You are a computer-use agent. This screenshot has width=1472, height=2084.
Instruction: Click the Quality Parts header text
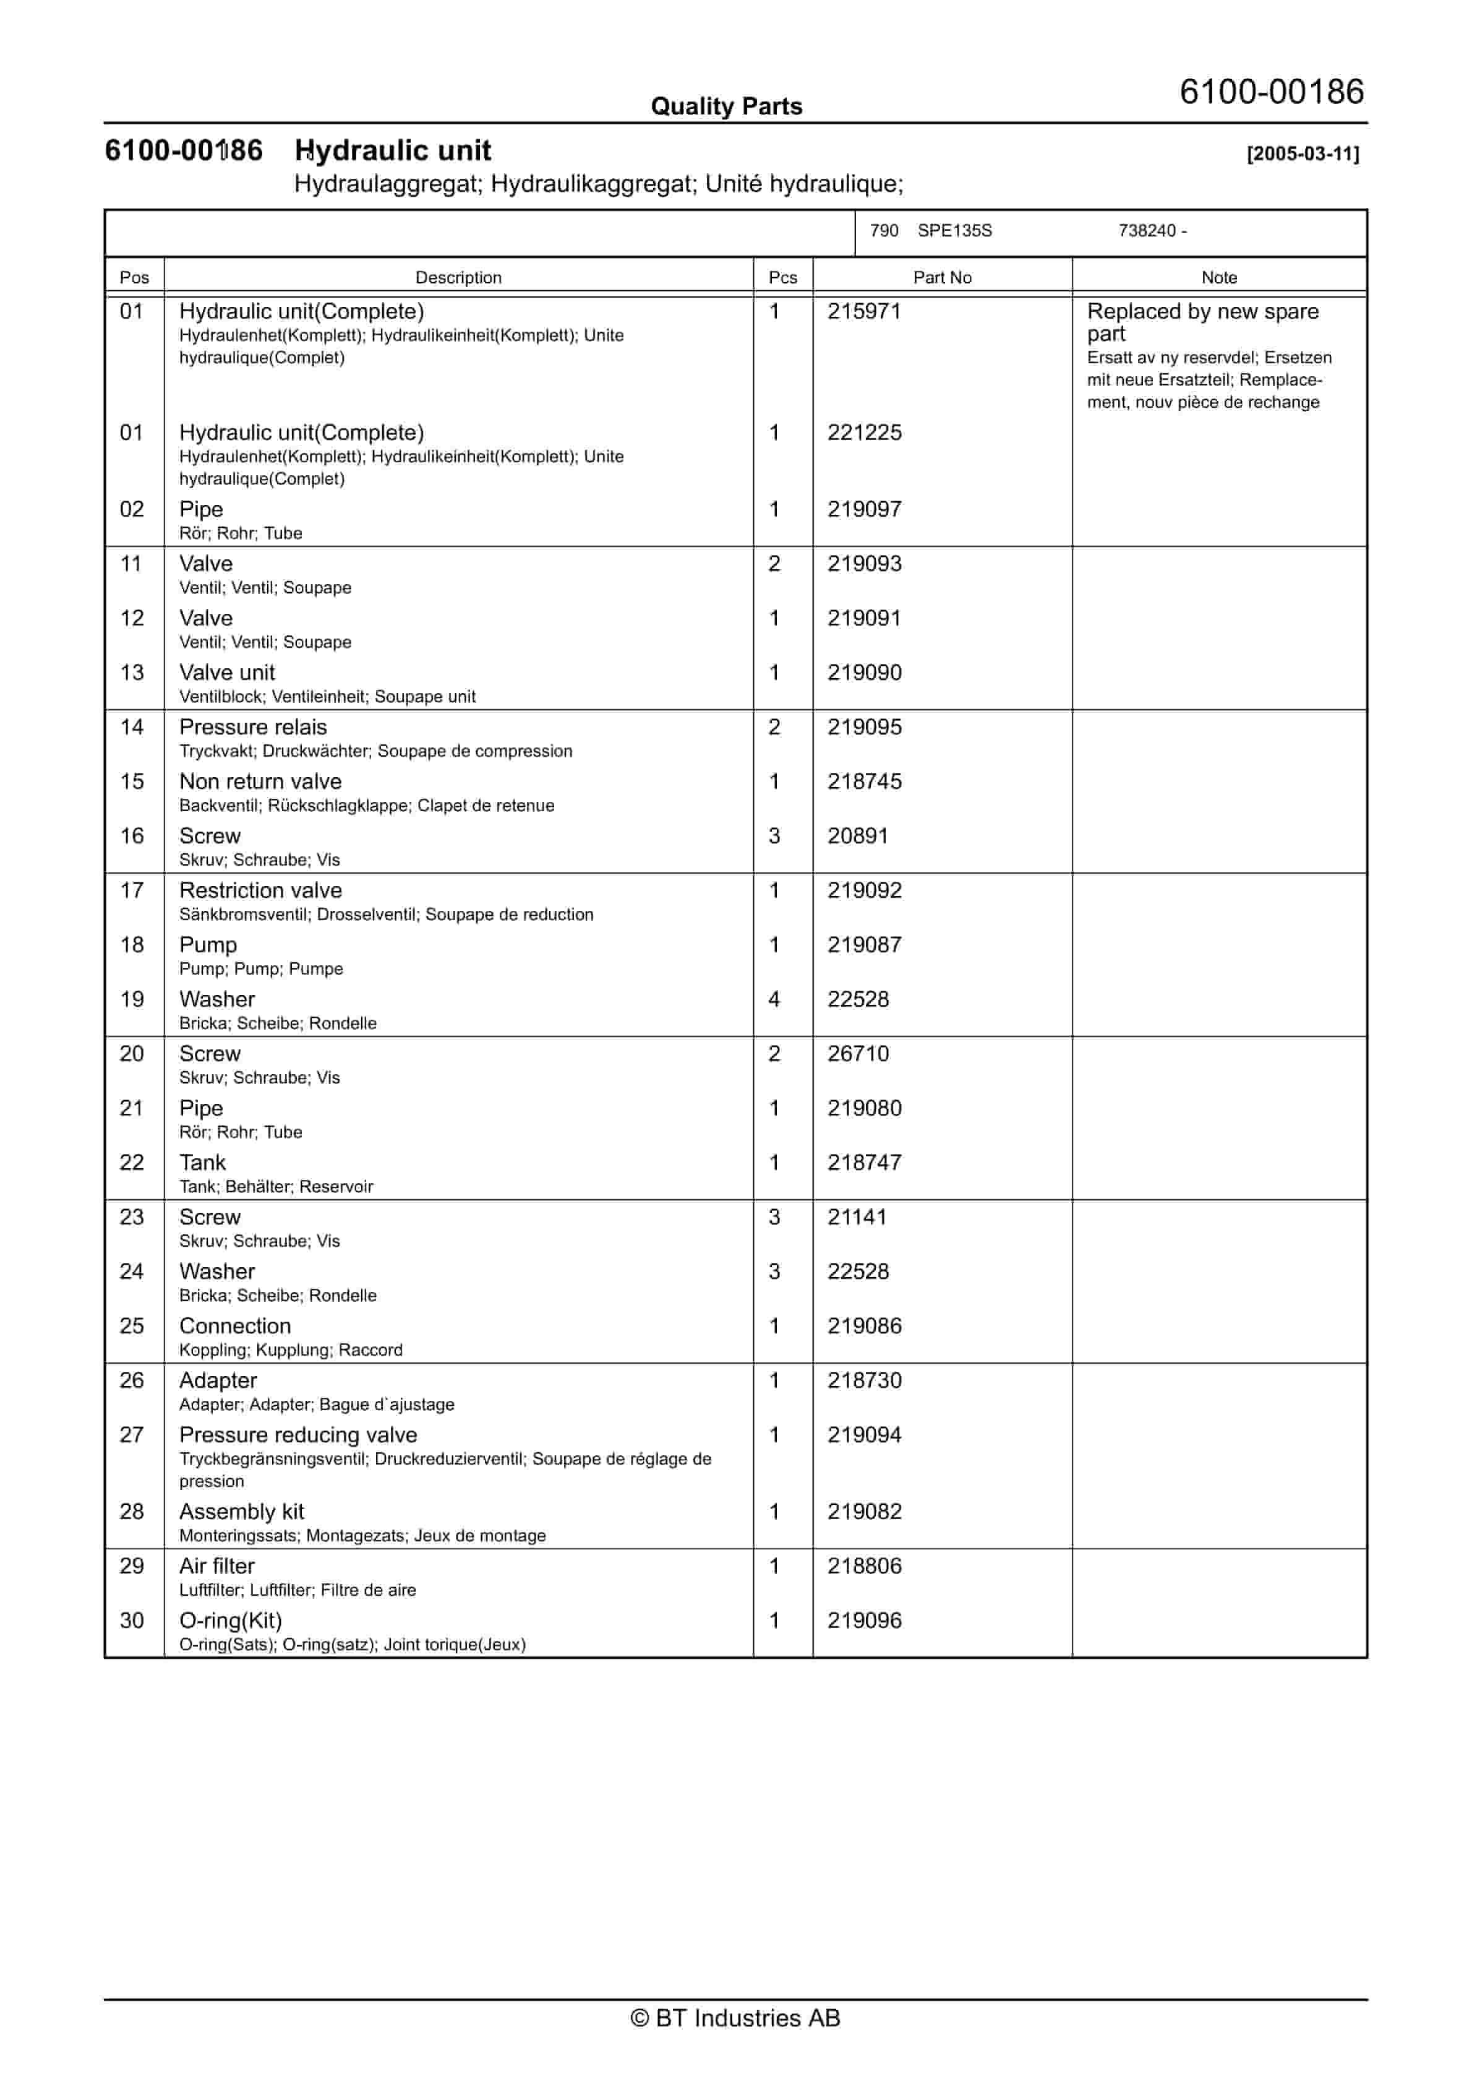pyautogui.click(x=726, y=106)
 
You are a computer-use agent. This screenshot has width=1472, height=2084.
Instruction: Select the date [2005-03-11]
pyautogui.click(x=1303, y=153)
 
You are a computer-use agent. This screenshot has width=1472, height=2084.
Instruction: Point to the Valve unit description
pyautogui.click(x=227, y=673)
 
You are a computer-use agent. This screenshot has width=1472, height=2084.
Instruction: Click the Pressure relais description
pyautogui.click(x=253, y=727)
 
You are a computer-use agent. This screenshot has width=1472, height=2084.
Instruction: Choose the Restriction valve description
pyautogui.click(x=260, y=890)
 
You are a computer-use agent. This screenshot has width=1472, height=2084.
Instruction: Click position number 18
pyautogui.click(x=132, y=945)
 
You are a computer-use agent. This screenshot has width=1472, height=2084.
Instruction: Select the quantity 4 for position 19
pyautogui.click(x=774, y=999)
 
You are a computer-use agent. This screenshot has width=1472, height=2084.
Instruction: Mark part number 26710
pyautogui.click(x=858, y=1054)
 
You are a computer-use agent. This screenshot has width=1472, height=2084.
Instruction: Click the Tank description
pyautogui.click(x=202, y=1163)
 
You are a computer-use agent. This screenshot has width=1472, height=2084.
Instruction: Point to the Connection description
pyautogui.click(x=235, y=1326)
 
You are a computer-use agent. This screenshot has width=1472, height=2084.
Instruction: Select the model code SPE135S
pyautogui.click(x=955, y=231)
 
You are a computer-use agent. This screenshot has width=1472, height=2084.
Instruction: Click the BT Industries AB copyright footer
pyautogui.click(x=735, y=2018)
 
